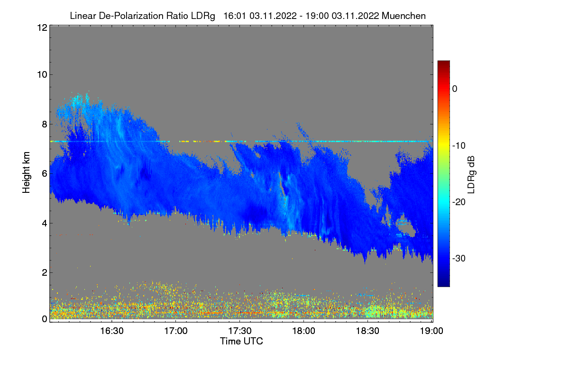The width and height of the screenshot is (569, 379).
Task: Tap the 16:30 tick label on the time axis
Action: tap(112, 331)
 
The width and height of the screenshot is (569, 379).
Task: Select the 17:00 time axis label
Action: tap(176, 331)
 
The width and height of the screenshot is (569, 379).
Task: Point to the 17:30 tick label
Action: tap(240, 331)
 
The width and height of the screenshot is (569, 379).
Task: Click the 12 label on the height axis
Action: tap(41, 27)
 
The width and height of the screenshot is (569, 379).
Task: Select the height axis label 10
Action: tap(41, 74)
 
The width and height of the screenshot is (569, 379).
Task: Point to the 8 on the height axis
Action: tap(44, 124)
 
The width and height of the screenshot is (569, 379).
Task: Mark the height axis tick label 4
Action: tap(44, 223)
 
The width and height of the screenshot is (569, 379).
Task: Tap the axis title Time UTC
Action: tap(241, 341)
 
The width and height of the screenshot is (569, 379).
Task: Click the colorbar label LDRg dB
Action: tap(471, 173)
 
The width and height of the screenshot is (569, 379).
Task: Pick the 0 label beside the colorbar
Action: tap(455, 89)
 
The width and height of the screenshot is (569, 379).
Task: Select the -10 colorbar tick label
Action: tap(459, 145)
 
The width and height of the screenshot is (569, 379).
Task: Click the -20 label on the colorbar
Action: tap(459, 202)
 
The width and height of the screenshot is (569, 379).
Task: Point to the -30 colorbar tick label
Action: tap(459, 259)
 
